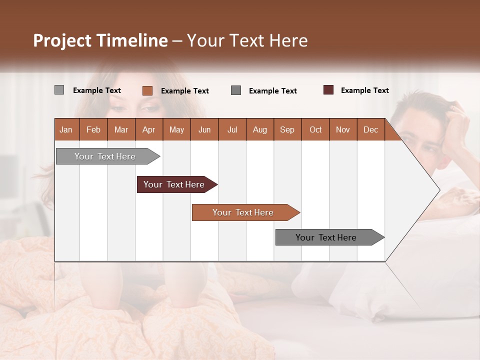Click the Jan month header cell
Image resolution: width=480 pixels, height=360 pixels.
[x=66, y=129]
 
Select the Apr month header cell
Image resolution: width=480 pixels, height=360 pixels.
[x=149, y=129]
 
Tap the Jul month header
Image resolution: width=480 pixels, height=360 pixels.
[x=232, y=129]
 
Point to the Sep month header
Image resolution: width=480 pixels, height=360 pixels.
[x=287, y=129]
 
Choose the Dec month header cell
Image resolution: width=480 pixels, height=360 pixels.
[x=370, y=129]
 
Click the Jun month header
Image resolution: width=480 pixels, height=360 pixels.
[x=204, y=129]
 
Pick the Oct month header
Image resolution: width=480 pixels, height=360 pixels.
[x=315, y=129]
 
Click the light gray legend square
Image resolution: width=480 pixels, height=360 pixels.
[x=59, y=90]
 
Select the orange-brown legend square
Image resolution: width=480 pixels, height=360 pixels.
[x=147, y=90]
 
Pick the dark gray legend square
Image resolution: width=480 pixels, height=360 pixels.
[x=236, y=90]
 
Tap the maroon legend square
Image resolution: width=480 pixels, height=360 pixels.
[x=328, y=90]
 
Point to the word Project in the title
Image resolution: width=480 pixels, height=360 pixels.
[x=62, y=40]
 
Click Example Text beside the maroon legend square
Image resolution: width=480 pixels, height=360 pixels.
[x=364, y=90]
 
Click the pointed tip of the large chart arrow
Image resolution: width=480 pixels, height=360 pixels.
[x=438, y=190]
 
